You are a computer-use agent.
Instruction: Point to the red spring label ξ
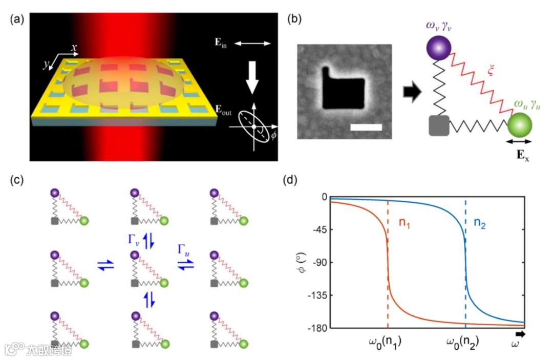click(491, 72)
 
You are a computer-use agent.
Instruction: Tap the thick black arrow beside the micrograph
click(411, 93)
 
